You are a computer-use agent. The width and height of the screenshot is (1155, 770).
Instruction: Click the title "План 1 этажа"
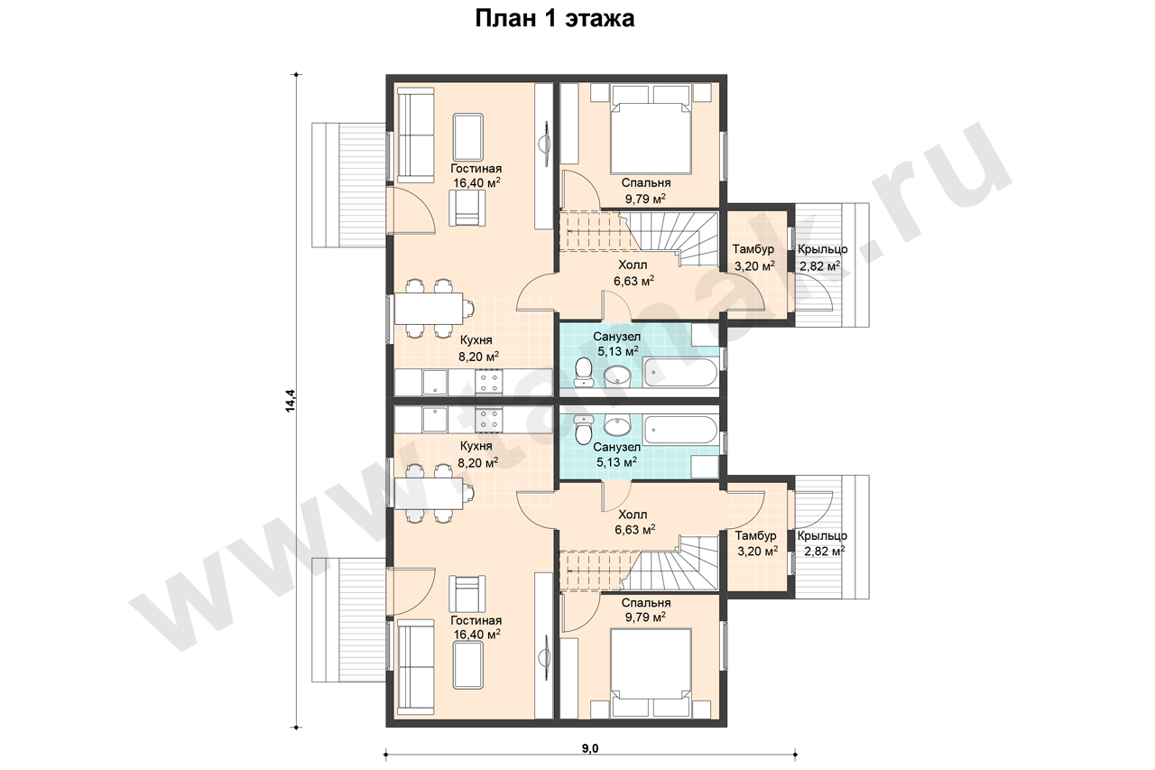(x=554, y=20)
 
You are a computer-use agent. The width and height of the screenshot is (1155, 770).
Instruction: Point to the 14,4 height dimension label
(x=291, y=400)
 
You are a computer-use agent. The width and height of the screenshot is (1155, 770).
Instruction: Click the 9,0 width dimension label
(x=590, y=748)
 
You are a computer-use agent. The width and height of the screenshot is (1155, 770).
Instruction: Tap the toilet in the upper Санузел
(x=584, y=371)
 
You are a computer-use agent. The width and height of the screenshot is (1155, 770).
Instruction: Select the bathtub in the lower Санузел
(x=680, y=430)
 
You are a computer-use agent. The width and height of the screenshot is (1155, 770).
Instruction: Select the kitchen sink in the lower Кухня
(x=435, y=419)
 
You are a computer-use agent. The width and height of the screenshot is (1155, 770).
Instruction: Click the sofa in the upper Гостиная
(x=416, y=135)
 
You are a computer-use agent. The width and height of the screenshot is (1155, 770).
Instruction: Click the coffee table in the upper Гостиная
(x=468, y=137)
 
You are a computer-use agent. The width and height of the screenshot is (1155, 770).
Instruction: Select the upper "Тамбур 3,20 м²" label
(x=753, y=257)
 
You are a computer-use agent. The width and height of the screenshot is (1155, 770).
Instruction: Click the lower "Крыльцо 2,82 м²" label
(x=822, y=543)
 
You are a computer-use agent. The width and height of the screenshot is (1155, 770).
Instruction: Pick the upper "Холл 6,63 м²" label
(x=633, y=273)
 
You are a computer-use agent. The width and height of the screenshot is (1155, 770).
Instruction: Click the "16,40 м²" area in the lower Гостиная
(x=476, y=635)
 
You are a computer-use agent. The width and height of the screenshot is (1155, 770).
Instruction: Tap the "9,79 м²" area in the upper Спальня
(x=645, y=198)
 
